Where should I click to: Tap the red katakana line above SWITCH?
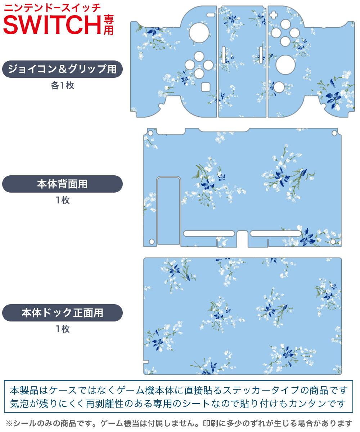click(52, 7)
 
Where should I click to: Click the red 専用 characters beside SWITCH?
click(108, 24)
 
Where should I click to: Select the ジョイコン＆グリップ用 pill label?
click(62, 69)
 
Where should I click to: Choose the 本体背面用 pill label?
click(62, 184)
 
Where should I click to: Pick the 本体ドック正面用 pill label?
click(62, 312)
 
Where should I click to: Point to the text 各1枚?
click(62, 86)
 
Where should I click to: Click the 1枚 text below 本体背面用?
click(62, 201)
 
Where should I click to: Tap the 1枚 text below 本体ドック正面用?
click(62, 329)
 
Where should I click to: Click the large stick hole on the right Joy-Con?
click(285, 64)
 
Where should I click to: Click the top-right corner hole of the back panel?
click(334, 133)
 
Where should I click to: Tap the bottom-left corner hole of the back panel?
click(152, 241)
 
